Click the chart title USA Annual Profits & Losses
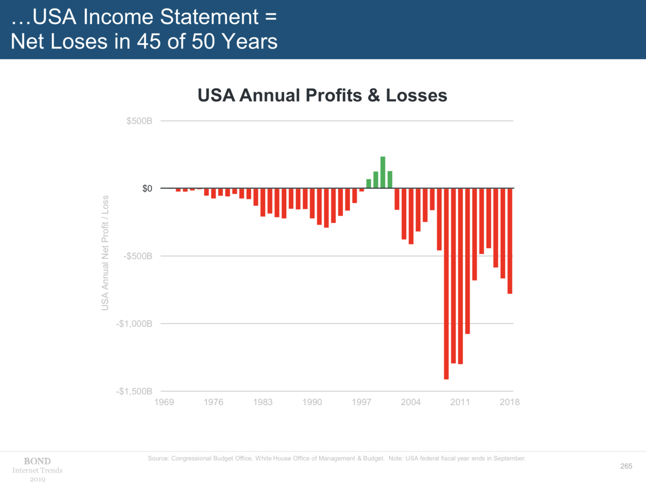coord(322,95)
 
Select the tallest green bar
coord(383,173)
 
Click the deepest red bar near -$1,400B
coord(446,284)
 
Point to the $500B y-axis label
coord(139,121)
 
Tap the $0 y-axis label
coord(147,188)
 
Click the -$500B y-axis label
coord(138,256)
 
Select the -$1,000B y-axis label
coord(134,324)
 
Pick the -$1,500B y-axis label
coord(134,391)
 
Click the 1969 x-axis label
coord(164,402)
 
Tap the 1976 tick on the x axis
coord(213,402)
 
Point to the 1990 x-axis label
coord(312,402)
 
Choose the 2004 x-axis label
coord(411,402)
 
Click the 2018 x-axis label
coord(509,402)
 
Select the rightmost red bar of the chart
coord(510,241)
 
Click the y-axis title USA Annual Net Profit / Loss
coord(105,253)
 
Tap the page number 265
coord(626,466)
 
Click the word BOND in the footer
coord(37,461)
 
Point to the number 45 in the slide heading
coord(149,41)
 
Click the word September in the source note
coord(509,458)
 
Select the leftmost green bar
coord(368,184)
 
